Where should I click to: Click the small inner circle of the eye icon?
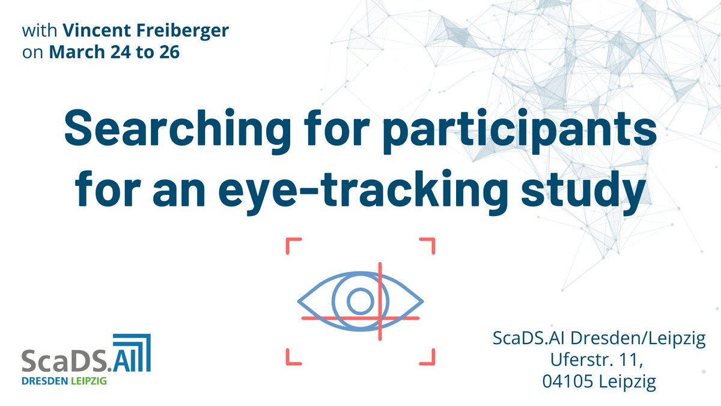(x=359, y=301)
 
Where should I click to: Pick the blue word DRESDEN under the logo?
(x=44, y=382)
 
